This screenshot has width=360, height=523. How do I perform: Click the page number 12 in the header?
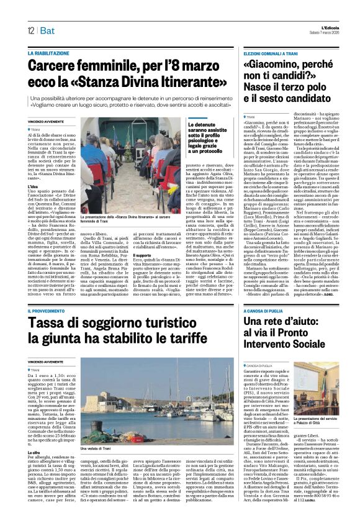coord(30,30)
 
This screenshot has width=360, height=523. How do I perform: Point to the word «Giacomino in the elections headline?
coord(274,66)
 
